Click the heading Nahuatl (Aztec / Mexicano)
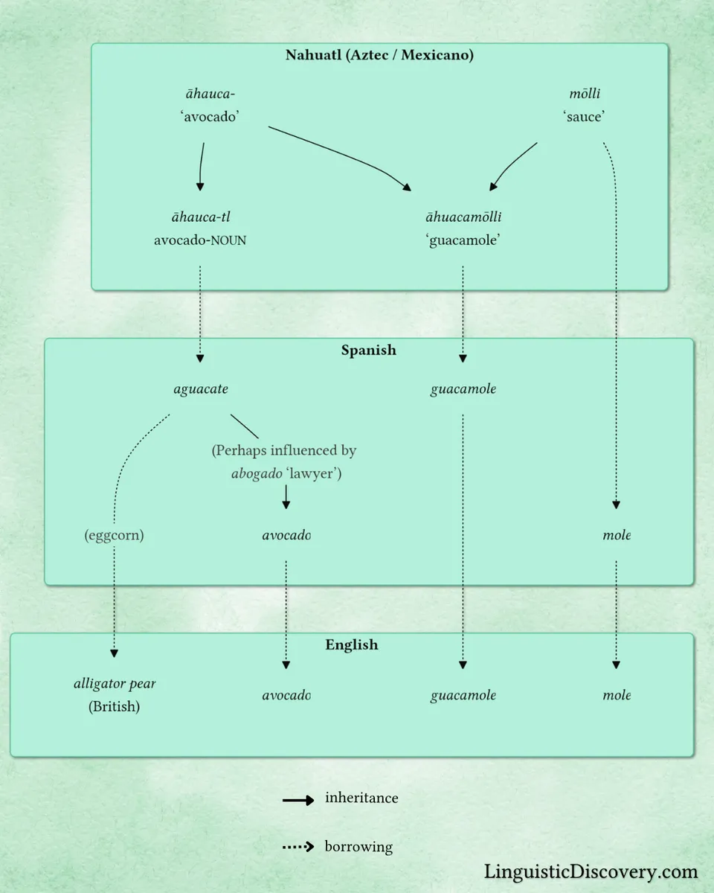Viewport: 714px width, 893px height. coord(379,55)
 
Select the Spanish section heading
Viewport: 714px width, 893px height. coord(369,350)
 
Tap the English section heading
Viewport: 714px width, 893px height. coord(352,644)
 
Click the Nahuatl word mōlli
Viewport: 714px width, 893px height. coord(584,94)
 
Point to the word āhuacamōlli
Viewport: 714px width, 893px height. coord(463,217)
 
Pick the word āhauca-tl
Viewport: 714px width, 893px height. coord(200,217)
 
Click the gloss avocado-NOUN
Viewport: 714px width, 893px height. coord(200,240)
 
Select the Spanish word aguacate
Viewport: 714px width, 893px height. coord(201,389)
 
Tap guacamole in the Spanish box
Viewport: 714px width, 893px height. coord(463,389)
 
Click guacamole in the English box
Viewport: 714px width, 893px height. coord(463,695)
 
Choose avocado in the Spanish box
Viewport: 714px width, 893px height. coord(286,535)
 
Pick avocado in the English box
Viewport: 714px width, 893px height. coord(286,695)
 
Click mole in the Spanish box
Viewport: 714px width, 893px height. coord(617,535)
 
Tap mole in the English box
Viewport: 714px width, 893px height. coord(617,695)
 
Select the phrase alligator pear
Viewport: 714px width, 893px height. coord(115,684)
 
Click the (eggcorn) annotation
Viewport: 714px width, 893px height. coord(114,535)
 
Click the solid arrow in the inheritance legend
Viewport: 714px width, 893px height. coord(298,801)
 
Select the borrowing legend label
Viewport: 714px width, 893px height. coord(358,847)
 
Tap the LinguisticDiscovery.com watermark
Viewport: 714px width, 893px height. coord(591,871)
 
